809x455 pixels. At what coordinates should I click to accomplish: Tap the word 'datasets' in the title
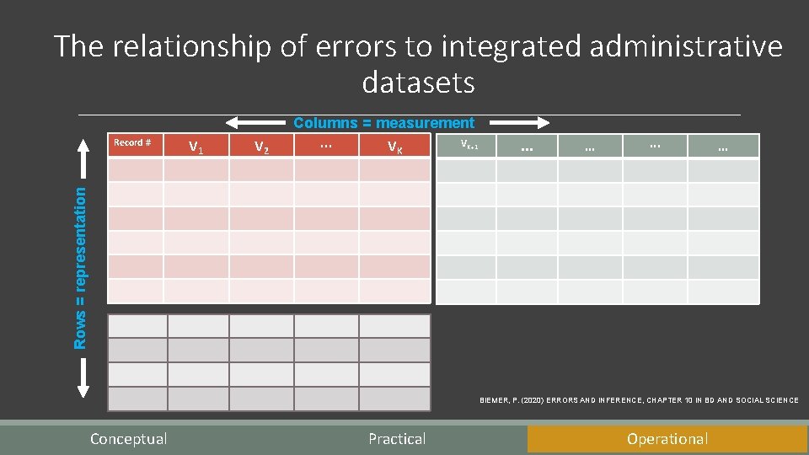(x=418, y=83)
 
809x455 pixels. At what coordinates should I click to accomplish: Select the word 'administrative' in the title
(x=686, y=46)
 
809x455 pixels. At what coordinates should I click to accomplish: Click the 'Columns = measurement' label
(x=383, y=123)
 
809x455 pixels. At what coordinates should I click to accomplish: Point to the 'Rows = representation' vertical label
(x=81, y=267)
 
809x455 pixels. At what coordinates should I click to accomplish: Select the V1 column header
(x=196, y=147)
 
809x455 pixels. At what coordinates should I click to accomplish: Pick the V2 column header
(x=261, y=147)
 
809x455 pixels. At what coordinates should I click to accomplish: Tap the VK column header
(x=394, y=147)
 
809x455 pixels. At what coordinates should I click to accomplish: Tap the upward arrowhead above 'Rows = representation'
(x=83, y=143)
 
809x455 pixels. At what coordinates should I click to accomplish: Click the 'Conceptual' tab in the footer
(x=128, y=439)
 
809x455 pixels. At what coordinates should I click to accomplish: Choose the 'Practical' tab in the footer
(x=397, y=439)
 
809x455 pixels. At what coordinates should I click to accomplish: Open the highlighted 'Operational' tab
(x=667, y=439)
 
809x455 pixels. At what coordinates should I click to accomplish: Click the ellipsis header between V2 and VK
(x=326, y=146)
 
